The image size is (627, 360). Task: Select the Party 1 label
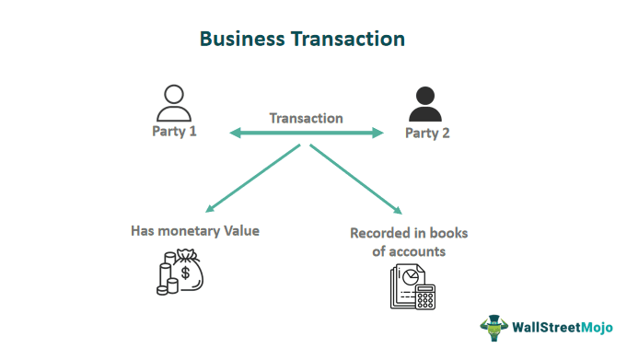coord(175,131)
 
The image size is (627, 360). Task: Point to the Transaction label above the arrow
coord(306,118)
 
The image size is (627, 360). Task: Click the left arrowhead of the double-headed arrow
coord(234,134)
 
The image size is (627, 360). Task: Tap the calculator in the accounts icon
coord(424,296)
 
